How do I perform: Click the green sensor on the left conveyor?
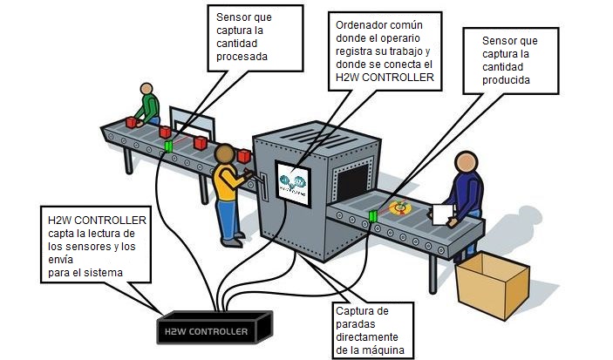[169, 146]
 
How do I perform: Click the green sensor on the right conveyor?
[373, 214]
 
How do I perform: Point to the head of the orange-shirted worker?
[225, 155]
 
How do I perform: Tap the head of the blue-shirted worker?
[463, 163]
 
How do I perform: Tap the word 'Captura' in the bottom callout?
[356, 311]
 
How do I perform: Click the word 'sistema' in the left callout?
[101, 273]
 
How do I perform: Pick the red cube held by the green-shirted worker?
[132, 123]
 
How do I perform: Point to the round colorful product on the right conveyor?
[402, 207]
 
